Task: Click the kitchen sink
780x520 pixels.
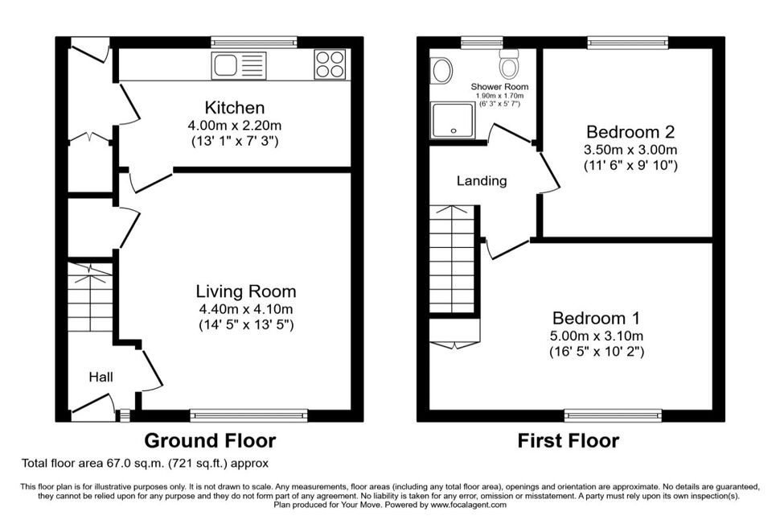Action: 239,66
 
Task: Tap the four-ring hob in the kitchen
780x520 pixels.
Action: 330,64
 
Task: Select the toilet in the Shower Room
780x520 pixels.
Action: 509,64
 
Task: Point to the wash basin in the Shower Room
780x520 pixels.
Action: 441,71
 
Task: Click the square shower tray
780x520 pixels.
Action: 453,121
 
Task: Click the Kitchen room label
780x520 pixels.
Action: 235,107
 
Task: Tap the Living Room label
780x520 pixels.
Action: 246,291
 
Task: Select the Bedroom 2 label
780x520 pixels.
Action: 630,131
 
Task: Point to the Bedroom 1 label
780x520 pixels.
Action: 596,318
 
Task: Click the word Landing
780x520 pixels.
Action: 482,180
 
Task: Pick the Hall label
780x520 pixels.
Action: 101,377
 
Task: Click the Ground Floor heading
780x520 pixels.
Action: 210,441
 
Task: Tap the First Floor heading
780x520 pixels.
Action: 569,441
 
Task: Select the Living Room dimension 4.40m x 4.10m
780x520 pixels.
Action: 246,309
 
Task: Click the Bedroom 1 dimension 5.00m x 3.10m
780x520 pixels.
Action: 597,336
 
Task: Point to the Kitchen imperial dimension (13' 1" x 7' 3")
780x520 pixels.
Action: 235,141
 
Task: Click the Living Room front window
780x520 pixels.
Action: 248,415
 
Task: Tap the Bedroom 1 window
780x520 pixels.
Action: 613,415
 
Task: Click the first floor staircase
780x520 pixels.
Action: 452,259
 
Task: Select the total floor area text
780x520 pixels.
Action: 145,463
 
